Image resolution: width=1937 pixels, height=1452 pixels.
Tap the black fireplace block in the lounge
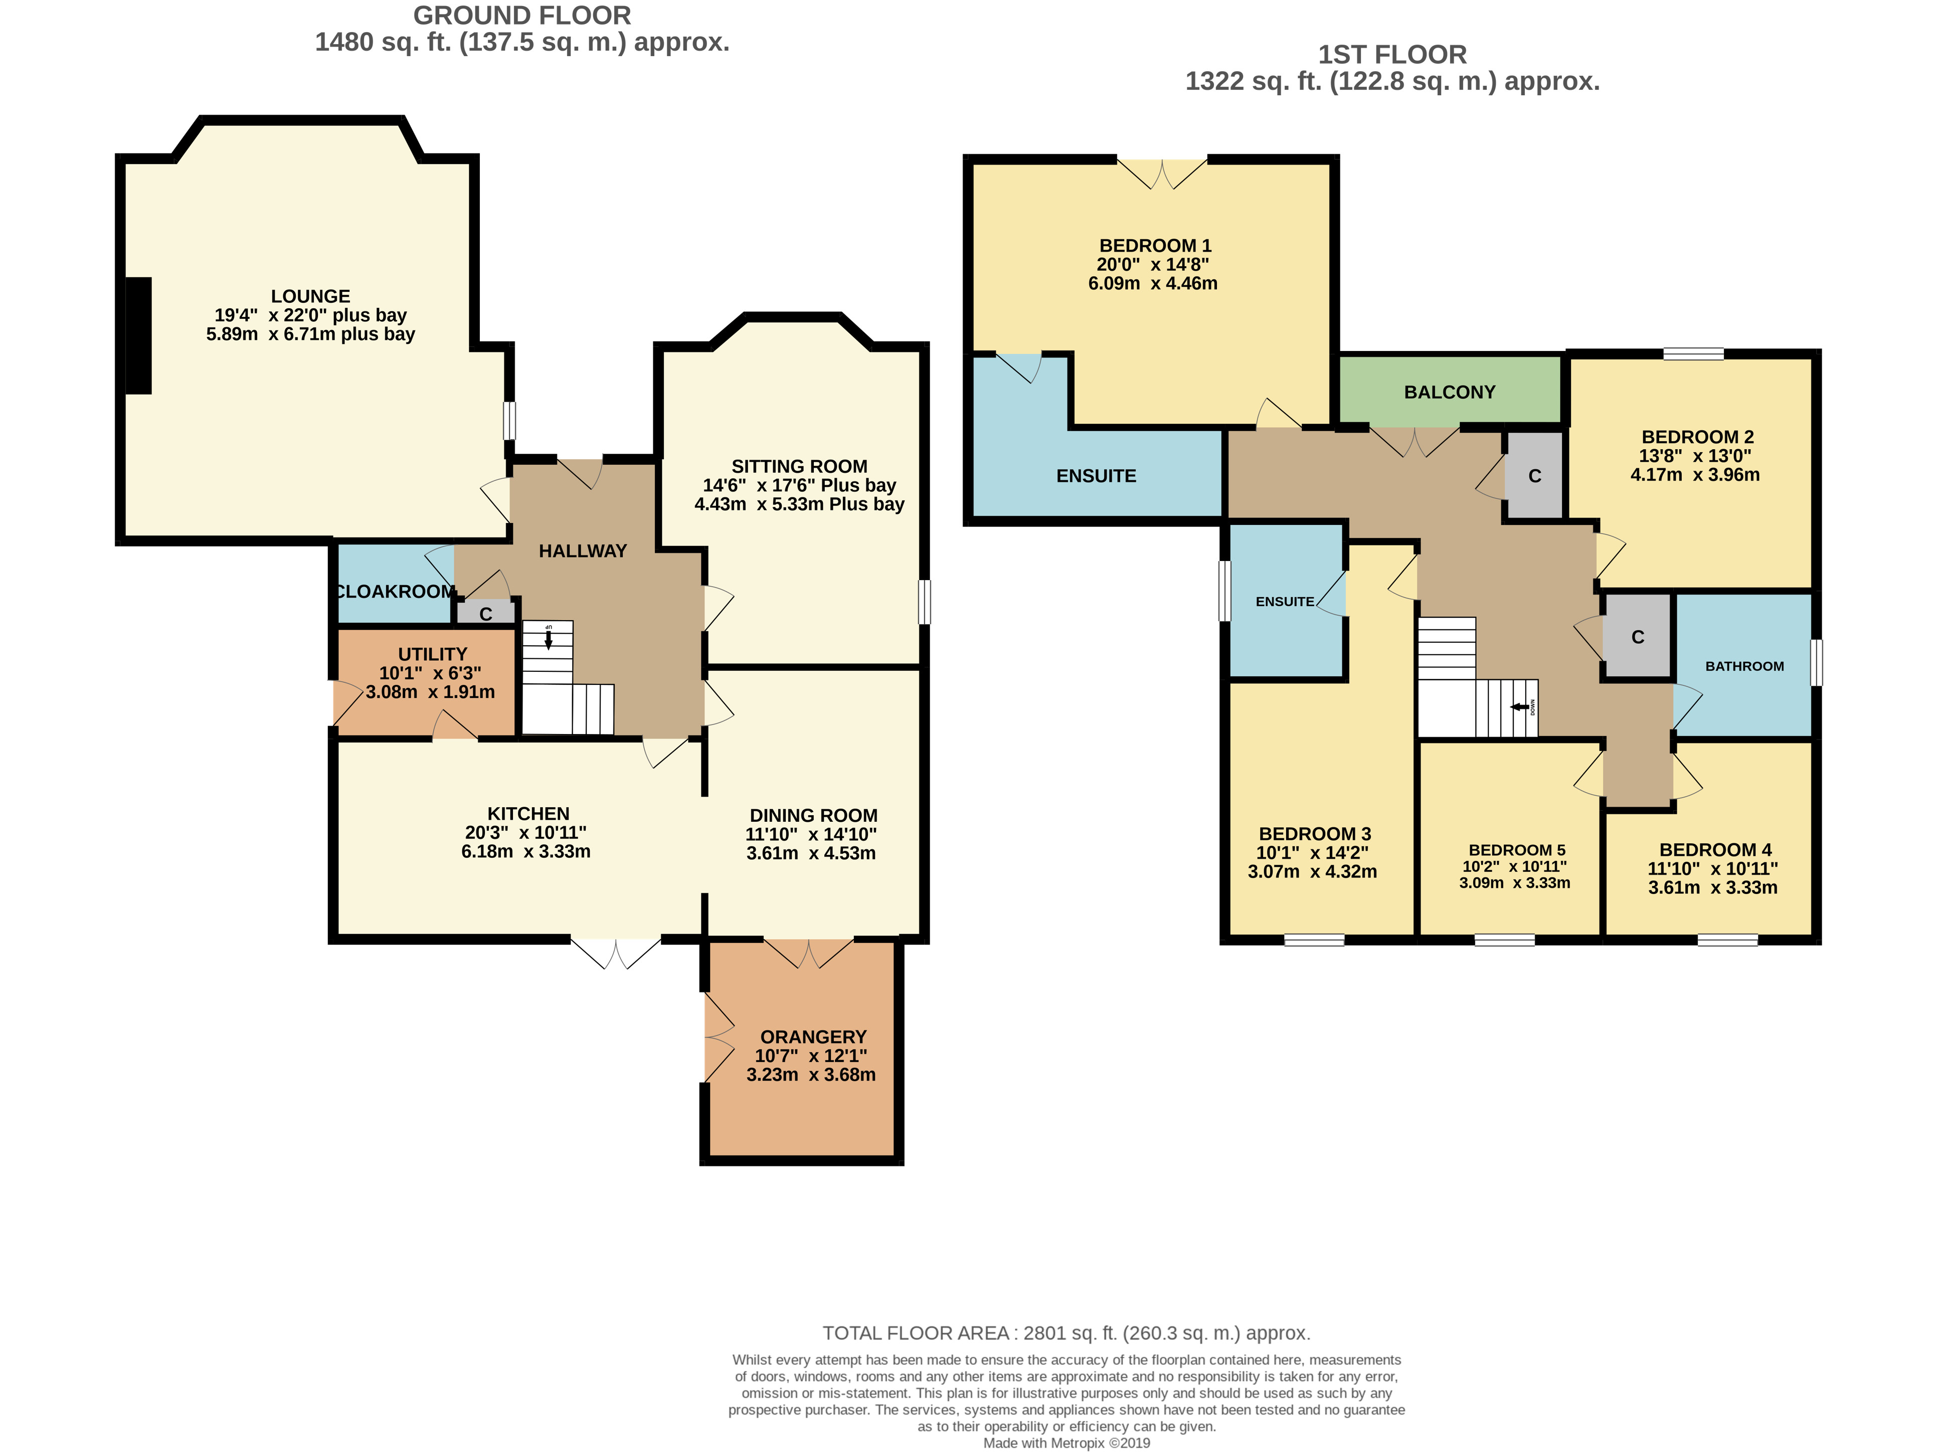pos(138,335)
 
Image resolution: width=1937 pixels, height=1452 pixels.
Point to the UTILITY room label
pos(433,654)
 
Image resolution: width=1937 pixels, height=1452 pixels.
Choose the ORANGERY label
pos(813,1037)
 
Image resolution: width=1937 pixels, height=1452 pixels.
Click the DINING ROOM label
pos(813,815)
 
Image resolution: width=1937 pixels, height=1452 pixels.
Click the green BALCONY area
pos(1450,391)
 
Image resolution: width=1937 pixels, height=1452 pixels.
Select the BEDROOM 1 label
pos(1155,246)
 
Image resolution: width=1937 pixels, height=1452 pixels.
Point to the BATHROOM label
pos(1744,666)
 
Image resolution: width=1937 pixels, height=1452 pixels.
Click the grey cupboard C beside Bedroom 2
pos(1534,475)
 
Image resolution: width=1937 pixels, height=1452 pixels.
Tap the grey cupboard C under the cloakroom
pos(485,613)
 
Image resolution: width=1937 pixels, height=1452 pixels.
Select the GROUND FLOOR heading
pos(522,16)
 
